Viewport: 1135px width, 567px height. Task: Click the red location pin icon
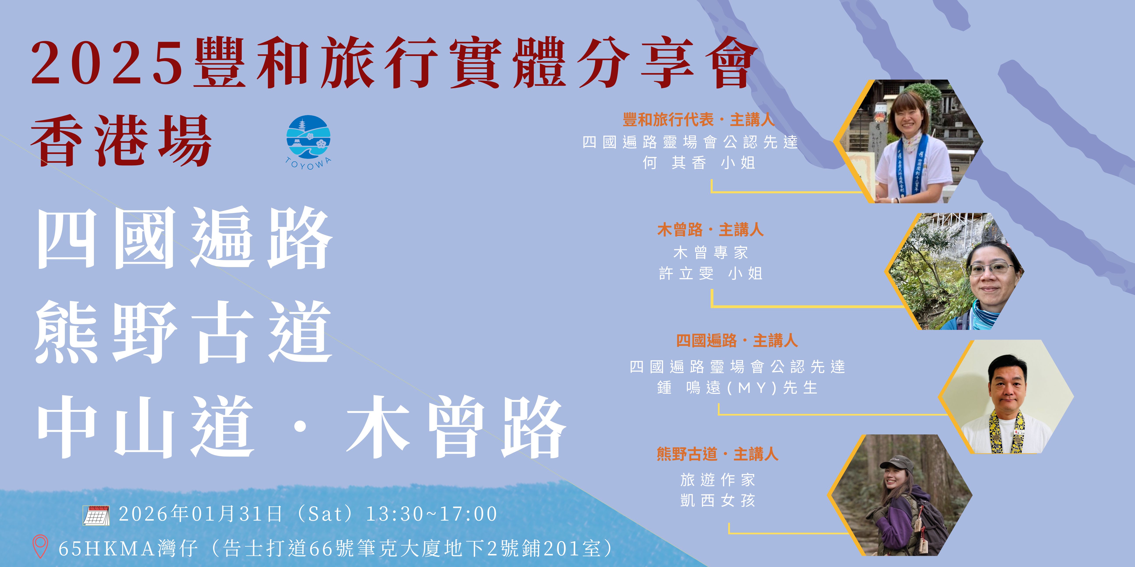point(41,546)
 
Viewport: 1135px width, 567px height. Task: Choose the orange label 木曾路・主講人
point(710,230)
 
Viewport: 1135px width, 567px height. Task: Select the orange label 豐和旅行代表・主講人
point(698,120)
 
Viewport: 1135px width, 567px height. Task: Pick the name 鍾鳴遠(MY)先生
point(737,388)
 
